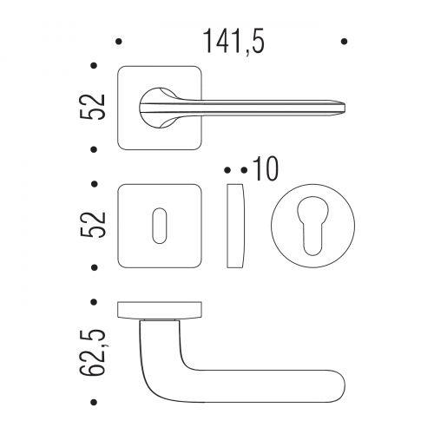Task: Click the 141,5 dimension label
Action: [x=233, y=42]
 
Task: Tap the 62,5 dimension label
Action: [x=92, y=352]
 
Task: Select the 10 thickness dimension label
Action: [x=265, y=169]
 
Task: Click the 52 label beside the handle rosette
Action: [x=92, y=108]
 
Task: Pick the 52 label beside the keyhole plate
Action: [x=92, y=225]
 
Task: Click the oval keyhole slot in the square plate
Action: [x=160, y=226]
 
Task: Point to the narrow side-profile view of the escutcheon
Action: [x=235, y=226]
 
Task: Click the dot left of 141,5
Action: [x=118, y=42]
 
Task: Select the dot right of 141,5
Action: [x=344, y=42]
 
